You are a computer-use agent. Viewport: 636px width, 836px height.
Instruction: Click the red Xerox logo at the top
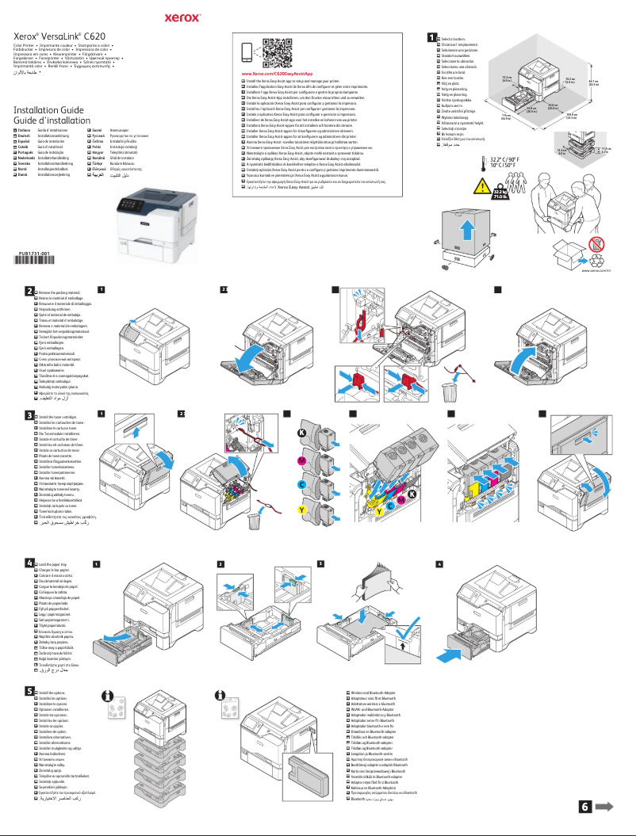pos(318,15)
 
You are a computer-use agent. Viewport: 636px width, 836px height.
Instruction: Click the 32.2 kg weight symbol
pos(500,194)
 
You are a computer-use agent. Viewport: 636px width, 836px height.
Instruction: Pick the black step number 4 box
pos(29,563)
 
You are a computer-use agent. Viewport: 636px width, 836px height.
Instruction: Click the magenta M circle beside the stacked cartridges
pos(302,461)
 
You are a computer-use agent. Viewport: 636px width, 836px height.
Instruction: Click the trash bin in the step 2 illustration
pos(450,391)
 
